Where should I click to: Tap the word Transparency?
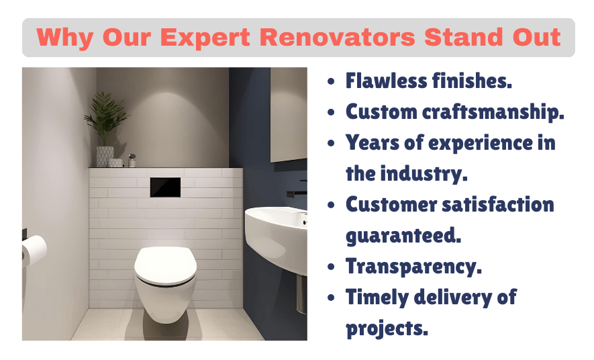(413, 266)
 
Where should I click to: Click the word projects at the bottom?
(387, 328)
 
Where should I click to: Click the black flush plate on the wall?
(165, 187)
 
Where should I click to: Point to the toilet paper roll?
(34, 252)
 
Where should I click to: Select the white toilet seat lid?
(165, 265)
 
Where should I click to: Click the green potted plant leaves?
(106, 118)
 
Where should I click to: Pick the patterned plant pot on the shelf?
(105, 156)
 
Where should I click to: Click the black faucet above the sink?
(296, 193)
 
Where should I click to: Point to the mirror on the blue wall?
(289, 114)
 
